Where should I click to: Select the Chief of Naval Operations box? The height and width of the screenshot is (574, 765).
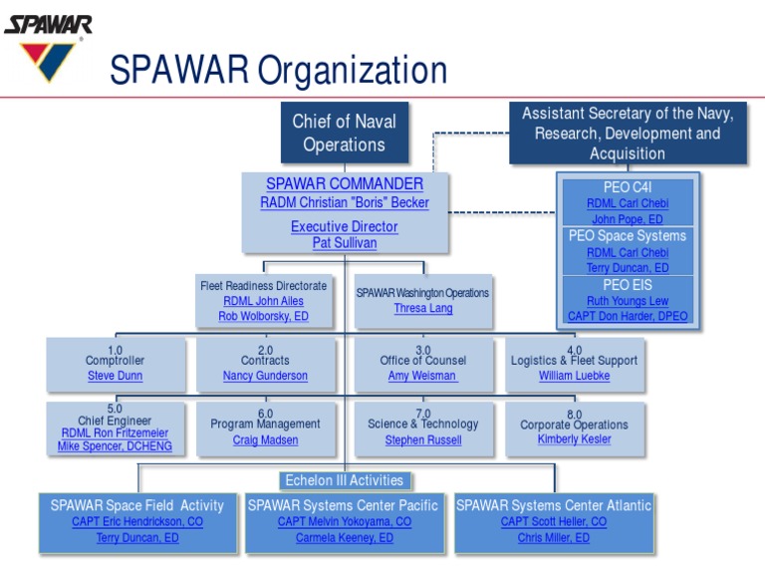click(344, 133)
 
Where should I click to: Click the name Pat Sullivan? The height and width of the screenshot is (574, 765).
click(344, 242)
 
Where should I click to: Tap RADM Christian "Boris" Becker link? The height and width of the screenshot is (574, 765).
click(344, 202)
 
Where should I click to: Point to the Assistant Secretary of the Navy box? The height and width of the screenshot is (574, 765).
click(627, 133)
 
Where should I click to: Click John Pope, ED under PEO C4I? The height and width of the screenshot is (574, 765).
click(627, 219)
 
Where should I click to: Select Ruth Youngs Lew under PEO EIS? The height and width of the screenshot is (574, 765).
click(628, 301)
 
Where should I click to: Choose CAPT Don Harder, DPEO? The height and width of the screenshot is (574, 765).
click(628, 316)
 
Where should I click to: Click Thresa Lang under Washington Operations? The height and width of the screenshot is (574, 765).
click(422, 308)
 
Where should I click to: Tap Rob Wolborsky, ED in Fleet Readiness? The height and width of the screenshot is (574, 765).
click(263, 316)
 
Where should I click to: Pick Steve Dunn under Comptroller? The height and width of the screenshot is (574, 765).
click(115, 376)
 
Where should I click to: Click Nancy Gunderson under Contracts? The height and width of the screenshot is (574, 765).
click(265, 376)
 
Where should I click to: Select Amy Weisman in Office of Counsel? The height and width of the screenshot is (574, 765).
click(422, 376)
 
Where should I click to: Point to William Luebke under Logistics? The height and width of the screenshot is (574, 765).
click(574, 376)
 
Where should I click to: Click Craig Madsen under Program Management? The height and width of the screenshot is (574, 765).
click(265, 439)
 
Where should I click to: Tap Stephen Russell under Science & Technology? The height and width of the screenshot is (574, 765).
click(422, 439)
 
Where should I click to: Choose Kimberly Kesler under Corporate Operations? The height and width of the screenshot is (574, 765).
click(574, 439)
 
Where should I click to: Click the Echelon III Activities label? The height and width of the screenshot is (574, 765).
click(344, 480)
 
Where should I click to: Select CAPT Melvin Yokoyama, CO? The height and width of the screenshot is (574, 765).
click(344, 522)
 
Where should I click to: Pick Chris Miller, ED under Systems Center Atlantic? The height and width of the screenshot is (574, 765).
click(553, 538)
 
